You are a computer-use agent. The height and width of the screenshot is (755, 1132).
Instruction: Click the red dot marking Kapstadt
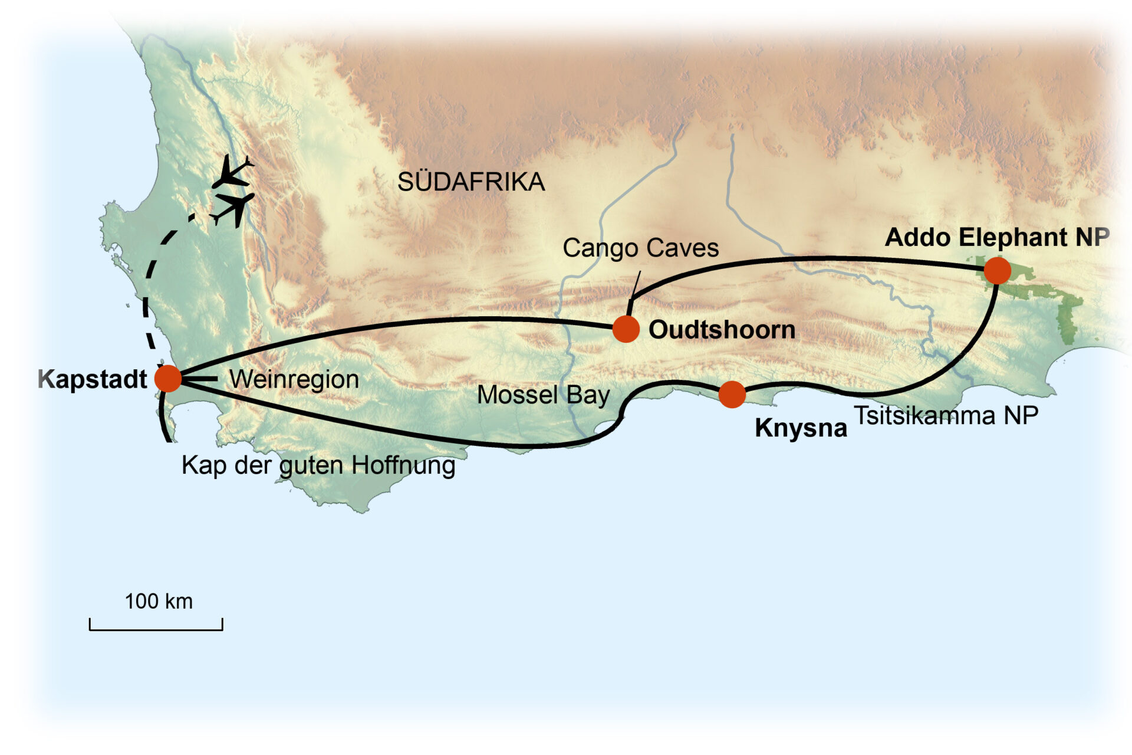point(168,378)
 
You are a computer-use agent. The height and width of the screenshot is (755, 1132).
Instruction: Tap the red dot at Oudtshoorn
point(626,329)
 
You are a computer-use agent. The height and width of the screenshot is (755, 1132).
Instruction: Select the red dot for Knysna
point(732,394)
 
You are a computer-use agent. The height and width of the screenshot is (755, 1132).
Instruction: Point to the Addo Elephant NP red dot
point(997,271)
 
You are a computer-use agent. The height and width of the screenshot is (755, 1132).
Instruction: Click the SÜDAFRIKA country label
point(470,182)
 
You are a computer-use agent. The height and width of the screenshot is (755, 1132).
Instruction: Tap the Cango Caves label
point(640,248)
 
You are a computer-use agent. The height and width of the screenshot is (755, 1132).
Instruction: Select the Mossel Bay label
point(543,395)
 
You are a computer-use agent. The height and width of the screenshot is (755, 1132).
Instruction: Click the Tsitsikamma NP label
point(946,415)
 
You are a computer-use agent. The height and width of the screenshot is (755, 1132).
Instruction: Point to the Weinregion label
point(294,379)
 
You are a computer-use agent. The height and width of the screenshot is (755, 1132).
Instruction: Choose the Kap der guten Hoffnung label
point(318,465)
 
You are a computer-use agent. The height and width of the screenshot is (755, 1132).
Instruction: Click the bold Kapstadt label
point(93,379)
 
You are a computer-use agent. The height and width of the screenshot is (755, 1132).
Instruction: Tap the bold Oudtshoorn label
point(722,330)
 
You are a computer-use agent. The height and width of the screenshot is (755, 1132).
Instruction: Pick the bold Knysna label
point(801,428)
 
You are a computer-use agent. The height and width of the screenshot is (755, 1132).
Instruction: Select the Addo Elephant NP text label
point(997,237)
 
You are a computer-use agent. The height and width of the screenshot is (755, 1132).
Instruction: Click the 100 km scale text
point(158,601)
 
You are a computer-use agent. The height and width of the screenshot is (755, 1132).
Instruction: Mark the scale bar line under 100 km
point(156,629)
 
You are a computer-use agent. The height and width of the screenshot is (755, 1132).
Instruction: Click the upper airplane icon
point(233,173)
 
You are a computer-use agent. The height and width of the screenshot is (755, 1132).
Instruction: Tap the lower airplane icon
point(235,208)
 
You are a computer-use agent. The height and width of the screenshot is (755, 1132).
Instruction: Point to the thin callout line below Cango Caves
point(635,287)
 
